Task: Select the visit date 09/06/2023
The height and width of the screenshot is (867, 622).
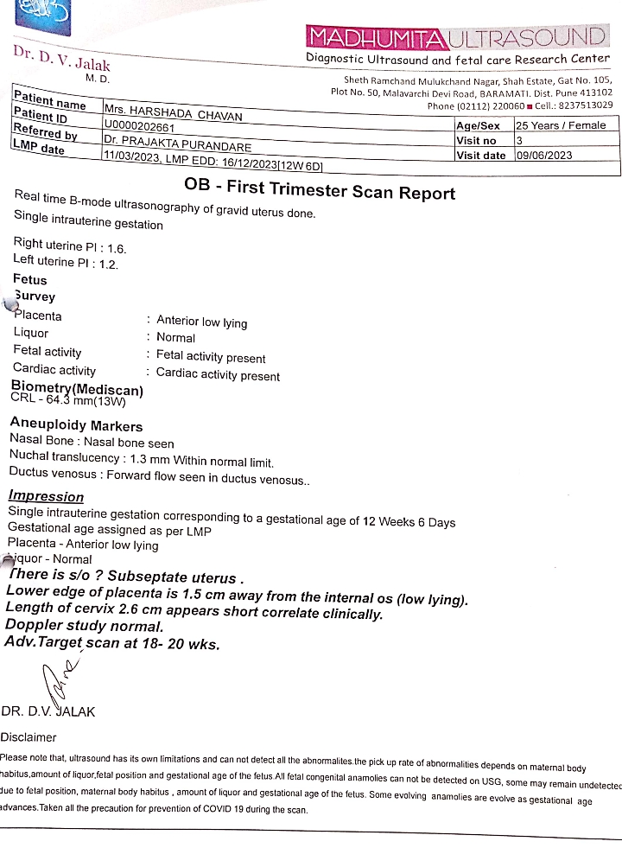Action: (544, 156)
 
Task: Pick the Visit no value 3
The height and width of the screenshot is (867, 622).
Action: (519, 140)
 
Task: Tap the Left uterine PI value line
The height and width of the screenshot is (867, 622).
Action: (67, 262)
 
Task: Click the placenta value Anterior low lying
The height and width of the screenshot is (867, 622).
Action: (202, 322)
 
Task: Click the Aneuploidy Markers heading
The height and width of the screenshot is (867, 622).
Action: (76, 425)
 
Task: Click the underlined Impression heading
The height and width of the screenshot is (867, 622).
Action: (46, 496)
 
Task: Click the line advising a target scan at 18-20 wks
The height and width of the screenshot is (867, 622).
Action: (112, 643)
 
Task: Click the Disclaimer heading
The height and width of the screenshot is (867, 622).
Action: (29, 737)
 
